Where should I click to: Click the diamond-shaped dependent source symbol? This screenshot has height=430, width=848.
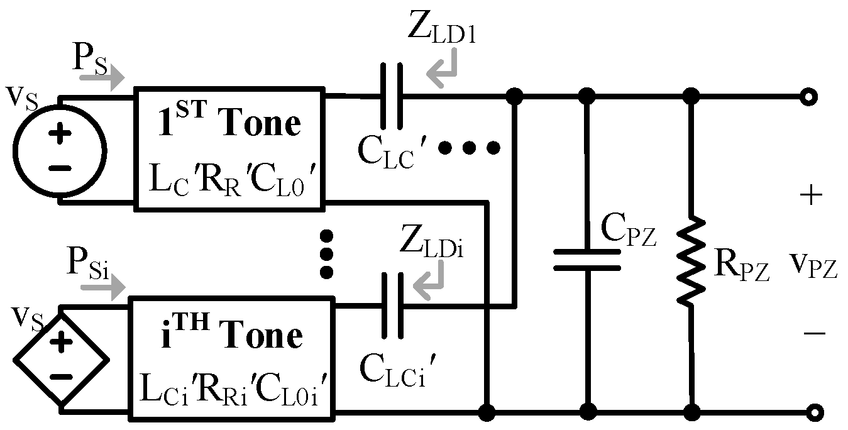61,359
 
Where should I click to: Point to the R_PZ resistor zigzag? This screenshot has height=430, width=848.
691,260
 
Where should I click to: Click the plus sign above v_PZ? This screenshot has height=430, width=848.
811,196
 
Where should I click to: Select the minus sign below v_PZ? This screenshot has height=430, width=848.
814,333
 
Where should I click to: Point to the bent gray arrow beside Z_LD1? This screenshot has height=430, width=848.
443,69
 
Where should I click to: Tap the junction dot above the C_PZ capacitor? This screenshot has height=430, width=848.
587,96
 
